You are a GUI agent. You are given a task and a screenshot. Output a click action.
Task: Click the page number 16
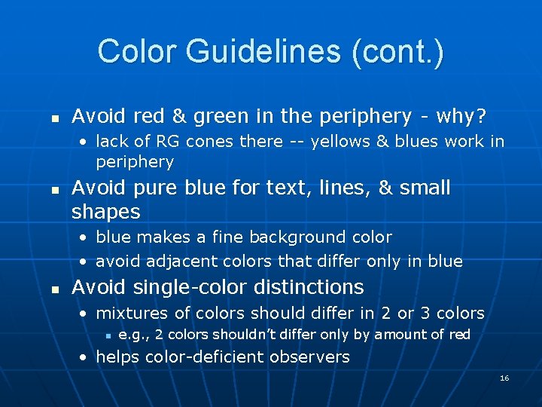(x=504, y=378)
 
